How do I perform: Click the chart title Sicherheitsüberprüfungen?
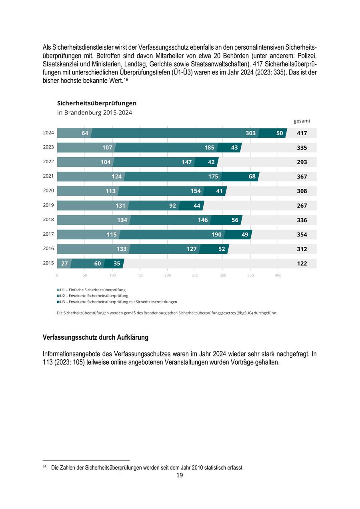click(97, 103)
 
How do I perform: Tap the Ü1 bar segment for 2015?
click(64, 263)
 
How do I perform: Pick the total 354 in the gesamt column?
click(302, 234)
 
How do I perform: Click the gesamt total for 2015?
click(302, 263)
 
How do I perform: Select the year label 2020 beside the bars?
click(48, 190)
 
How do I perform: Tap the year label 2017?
click(48, 234)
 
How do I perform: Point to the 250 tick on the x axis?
click(195, 275)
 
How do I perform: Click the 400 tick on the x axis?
click(278, 275)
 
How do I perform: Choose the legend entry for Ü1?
click(92, 290)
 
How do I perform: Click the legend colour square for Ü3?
click(58, 302)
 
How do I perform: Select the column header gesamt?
click(302, 121)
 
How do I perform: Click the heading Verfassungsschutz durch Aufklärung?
click(96, 337)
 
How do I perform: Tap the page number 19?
click(180, 475)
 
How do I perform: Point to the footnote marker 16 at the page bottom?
click(44, 467)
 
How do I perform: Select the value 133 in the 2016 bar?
click(122, 249)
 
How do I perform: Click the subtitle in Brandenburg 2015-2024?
click(94, 113)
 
